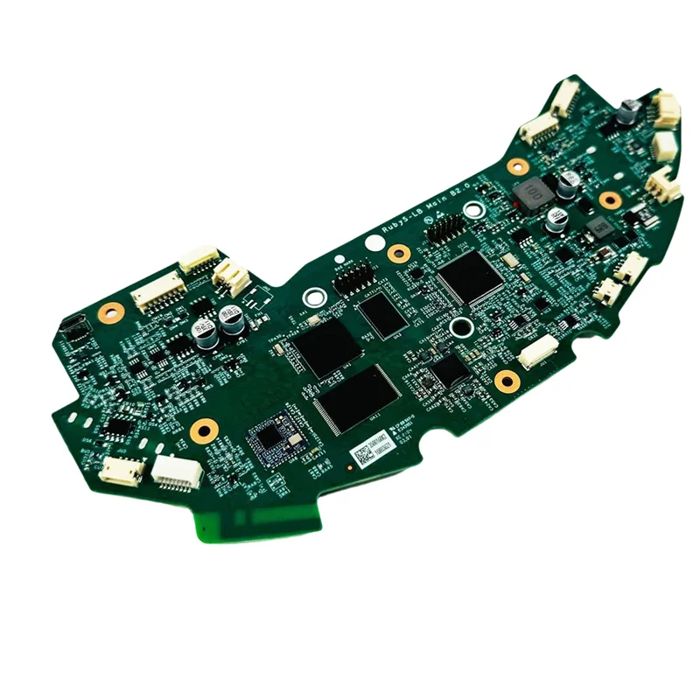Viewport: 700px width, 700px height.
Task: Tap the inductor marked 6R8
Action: pos(600,229)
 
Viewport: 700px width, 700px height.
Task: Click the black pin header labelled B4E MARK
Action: pos(351,280)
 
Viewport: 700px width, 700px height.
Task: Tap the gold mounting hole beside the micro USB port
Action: pos(111,311)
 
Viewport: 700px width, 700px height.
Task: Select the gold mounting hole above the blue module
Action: pos(204,429)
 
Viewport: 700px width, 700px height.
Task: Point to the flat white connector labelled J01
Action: pos(536,352)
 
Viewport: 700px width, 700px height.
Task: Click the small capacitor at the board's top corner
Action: pos(628,111)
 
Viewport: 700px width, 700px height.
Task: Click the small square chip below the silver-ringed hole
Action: pos(450,371)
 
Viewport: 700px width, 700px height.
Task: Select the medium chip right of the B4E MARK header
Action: pos(382,313)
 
